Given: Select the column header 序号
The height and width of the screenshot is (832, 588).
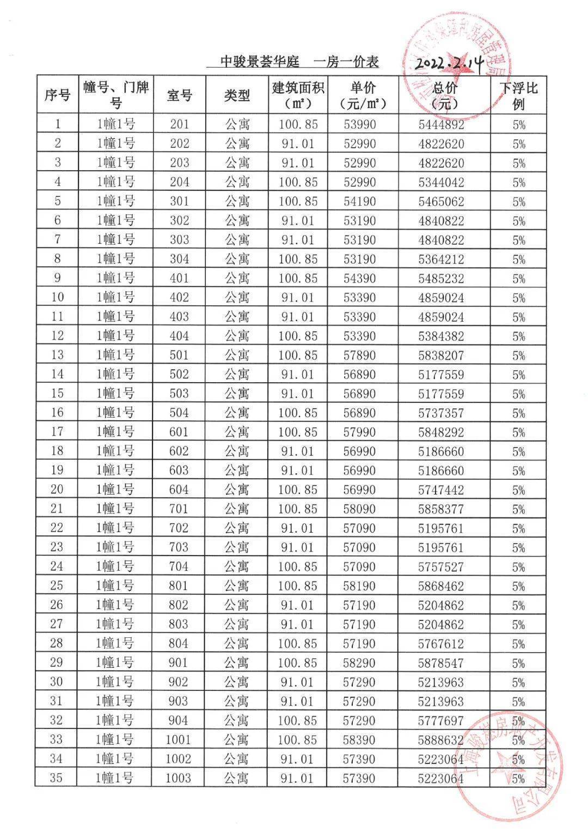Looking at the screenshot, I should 57,95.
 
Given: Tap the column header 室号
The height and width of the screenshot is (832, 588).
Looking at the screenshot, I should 180,95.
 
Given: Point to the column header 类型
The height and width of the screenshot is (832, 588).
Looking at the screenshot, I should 237,95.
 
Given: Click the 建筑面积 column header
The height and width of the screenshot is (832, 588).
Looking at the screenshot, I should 298,95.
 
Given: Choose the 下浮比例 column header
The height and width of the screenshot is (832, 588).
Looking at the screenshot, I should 518,95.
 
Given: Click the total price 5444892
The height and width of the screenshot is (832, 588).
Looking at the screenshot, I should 441,125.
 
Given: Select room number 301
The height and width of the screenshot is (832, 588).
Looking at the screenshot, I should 180,202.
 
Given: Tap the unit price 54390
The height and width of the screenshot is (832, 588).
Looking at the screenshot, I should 359,279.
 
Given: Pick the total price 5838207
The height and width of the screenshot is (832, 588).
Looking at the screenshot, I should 441,355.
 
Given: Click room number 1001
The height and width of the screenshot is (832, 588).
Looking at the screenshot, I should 179,740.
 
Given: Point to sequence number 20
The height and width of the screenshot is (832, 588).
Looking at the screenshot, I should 57,490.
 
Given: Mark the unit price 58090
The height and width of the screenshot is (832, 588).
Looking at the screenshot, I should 359,509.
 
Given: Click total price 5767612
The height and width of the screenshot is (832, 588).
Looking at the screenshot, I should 441,644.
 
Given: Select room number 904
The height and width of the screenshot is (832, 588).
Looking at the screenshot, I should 179,721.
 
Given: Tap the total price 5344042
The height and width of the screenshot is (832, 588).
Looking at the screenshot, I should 441,182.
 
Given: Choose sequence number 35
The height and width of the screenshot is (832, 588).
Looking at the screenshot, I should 56,778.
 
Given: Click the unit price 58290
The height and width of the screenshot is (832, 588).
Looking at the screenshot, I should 359,663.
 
